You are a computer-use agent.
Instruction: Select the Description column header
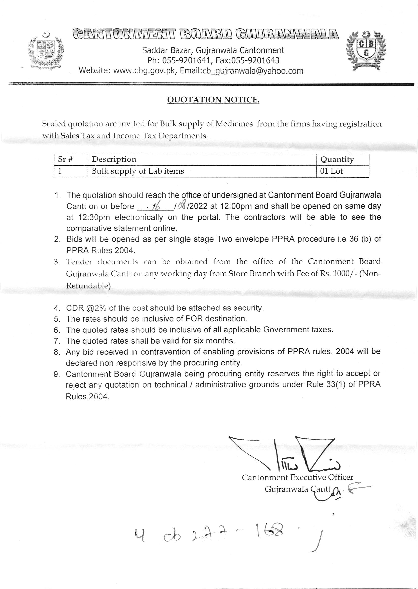114,159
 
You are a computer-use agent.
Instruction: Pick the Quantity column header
337,160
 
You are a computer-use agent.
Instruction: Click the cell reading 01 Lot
332,171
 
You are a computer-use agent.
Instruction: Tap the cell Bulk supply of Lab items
138,171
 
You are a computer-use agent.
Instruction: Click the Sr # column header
65,159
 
